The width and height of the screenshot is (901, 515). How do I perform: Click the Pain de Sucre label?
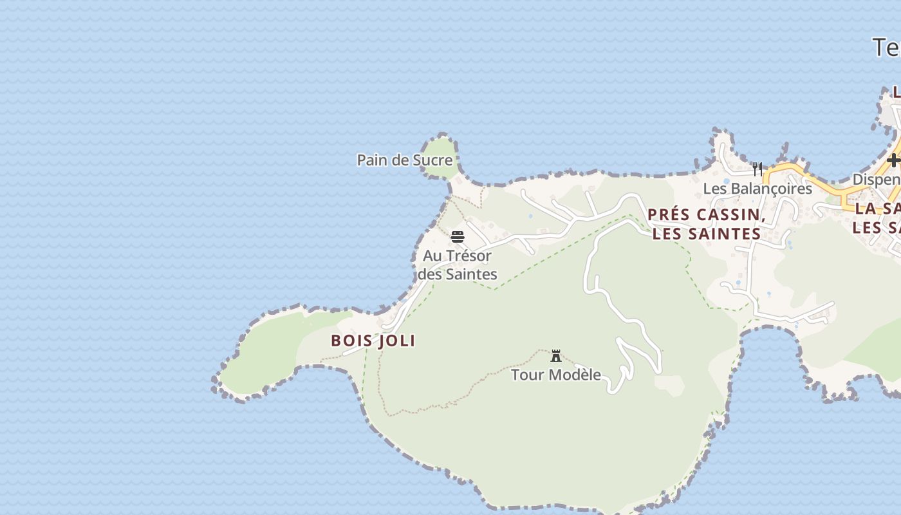(404, 160)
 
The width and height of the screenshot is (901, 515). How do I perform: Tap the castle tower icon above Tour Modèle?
(556, 355)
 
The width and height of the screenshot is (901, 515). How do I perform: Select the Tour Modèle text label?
(556, 374)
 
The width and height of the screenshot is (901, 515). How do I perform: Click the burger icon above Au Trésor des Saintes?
(458, 237)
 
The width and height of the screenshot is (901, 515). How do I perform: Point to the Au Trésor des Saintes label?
(458, 265)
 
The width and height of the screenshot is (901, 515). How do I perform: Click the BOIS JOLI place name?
(373, 341)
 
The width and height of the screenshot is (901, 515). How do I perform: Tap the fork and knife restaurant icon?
(757, 169)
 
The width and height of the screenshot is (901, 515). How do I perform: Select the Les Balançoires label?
(757, 189)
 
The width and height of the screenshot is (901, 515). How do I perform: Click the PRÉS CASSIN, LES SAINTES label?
(707, 224)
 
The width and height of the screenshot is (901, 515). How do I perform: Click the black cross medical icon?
(893, 160)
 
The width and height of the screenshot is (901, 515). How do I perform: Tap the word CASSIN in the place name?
(730, 215)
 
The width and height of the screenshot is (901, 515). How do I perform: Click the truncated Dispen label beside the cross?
(877, 179)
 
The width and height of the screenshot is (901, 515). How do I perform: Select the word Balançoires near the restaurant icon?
(769, 189)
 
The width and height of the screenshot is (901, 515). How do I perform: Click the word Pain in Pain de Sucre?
(371, 160)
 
